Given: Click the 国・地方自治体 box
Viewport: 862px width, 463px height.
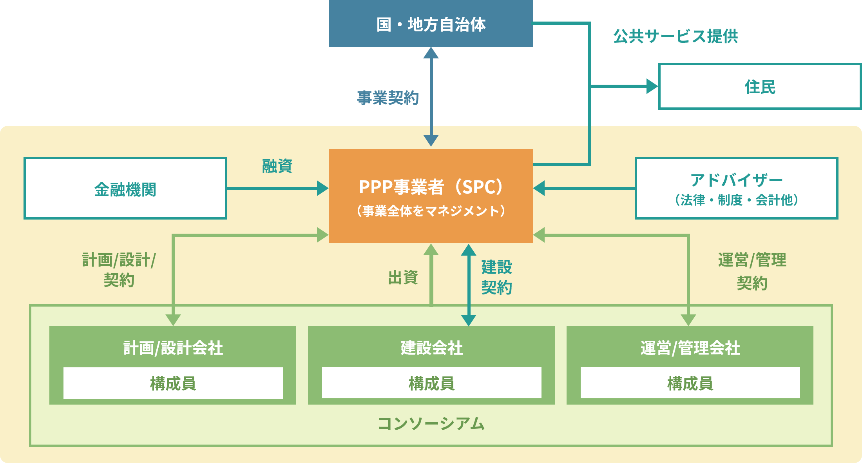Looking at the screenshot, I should tap(431, 24).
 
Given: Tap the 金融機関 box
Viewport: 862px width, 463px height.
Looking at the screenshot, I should tap(125, 189).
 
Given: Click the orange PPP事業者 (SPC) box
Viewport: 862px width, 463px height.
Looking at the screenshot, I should tap(431, 196).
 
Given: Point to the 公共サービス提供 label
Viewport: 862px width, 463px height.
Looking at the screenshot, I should tap(675, 36).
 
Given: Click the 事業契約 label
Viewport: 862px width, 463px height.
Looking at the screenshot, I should tap(388, 98).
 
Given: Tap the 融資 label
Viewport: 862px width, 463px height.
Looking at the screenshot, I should tap(277, 166).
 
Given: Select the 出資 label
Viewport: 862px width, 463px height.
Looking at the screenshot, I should tap(403, 278).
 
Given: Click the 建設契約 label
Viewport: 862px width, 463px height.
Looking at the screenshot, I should tap(496, 277).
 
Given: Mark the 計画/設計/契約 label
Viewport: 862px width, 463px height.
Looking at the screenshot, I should tap(119, 270).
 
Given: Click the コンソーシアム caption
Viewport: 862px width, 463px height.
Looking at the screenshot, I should tap(431, 424).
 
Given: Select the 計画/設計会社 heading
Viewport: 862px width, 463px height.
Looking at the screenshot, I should tap(173, 348).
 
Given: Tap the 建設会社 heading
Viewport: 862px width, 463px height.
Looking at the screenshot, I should tap(431, 348).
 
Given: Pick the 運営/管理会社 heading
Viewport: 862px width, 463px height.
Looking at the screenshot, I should tap(690, 348).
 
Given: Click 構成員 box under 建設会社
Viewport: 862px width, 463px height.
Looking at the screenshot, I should tap(431, 383).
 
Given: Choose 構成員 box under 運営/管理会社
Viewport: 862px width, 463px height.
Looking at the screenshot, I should tap(690, 383).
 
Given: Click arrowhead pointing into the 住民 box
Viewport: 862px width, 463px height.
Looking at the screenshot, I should tap(652, 86).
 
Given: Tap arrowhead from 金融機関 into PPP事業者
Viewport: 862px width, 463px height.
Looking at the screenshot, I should tap(322, 189).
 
